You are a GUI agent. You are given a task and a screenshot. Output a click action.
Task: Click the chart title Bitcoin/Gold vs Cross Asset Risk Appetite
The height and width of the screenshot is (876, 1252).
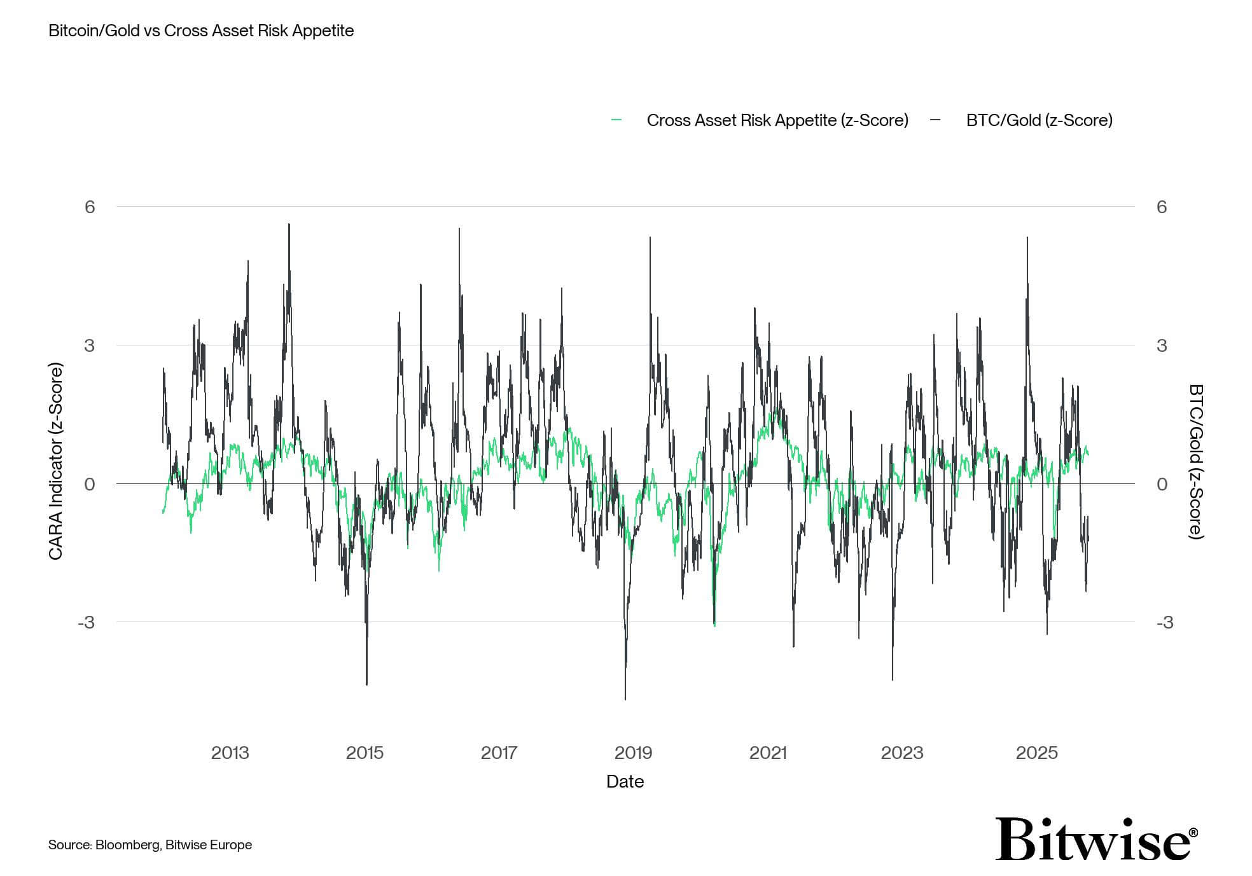201,31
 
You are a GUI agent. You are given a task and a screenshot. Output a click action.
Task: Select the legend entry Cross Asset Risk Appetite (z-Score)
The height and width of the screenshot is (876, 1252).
777,120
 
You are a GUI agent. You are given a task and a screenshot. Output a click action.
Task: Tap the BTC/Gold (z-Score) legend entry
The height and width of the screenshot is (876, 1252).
1039,120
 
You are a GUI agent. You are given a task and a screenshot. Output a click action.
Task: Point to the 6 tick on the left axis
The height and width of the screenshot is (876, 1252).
90,207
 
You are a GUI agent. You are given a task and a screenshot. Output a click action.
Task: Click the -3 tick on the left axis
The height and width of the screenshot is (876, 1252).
86,622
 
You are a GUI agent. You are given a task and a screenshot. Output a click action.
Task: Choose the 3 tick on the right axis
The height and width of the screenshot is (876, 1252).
1162,345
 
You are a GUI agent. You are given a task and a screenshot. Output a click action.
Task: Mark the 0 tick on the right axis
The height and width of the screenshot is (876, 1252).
1162,484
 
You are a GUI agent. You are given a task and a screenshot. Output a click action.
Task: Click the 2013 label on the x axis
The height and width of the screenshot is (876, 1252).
230,753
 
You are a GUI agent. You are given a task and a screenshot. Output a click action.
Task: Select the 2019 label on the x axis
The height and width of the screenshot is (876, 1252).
633,753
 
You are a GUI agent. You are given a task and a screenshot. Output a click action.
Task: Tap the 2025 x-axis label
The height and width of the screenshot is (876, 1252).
1036,753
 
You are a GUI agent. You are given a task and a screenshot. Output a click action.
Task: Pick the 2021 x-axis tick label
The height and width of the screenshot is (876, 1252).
768,753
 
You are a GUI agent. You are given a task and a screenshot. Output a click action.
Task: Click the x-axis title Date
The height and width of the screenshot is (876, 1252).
625,781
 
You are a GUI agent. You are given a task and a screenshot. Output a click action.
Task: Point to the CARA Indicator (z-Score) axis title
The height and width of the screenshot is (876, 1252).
56,461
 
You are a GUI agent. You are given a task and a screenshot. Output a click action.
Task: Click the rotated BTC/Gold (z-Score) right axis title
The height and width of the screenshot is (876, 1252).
1195,461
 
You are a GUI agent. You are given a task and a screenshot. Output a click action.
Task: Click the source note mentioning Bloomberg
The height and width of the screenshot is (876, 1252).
150,845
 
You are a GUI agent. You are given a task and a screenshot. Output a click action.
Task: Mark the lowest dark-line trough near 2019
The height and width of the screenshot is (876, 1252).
625,699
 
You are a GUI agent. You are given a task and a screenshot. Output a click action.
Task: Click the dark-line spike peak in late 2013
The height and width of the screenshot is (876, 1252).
289,225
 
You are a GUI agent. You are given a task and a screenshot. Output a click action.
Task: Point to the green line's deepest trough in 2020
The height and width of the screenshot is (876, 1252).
714,625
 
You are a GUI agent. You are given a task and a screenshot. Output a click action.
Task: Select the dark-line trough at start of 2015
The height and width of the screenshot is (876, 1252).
367,684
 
